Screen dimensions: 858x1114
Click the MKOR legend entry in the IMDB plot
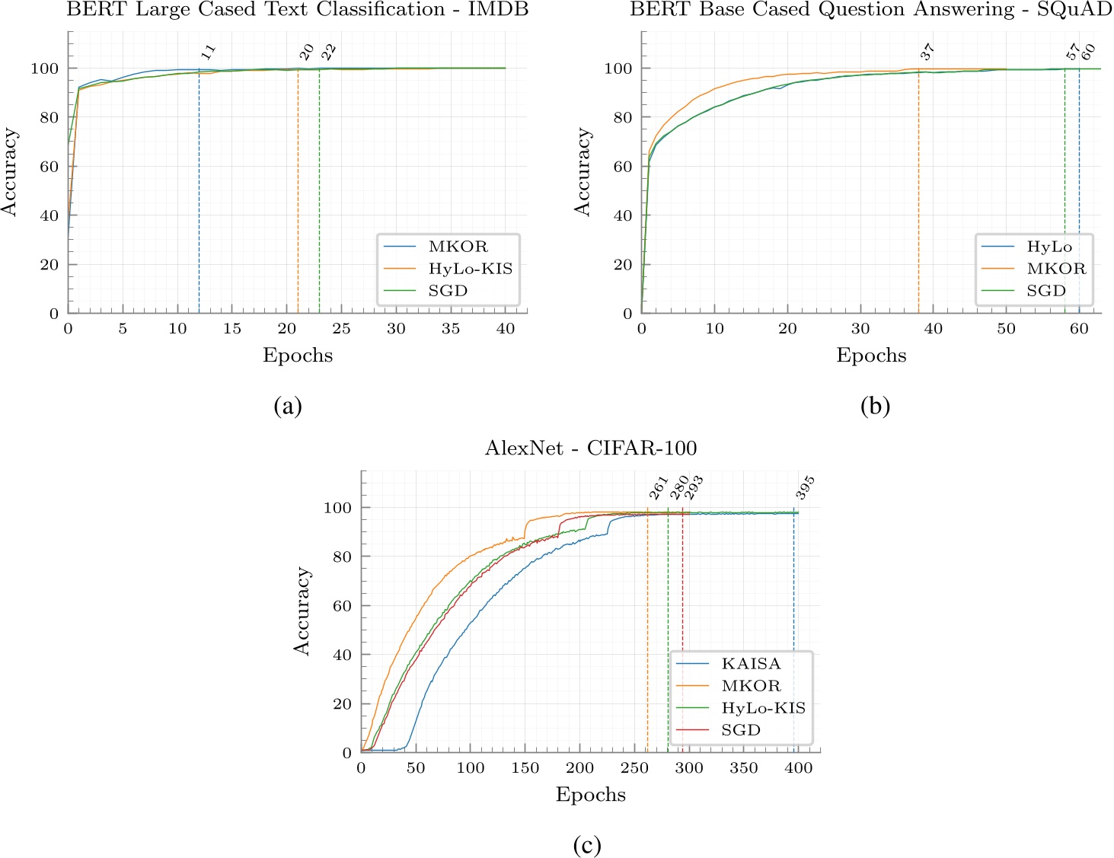click(x=458, y=247)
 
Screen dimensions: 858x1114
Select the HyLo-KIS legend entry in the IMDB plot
click(x=470, y=269)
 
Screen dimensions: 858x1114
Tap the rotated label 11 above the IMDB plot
click(x=208, y=52)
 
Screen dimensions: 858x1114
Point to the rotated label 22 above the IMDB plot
click(x=328, y=52)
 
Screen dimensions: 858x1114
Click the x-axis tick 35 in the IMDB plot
click(x=451, y=329)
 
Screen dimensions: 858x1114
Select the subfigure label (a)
click(x=288, y=406)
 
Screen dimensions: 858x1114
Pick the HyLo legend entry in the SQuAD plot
click(x=1049, y=247)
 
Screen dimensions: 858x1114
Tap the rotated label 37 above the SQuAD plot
click(x=927, y=52)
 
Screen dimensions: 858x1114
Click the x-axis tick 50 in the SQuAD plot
click(x=1006, y=329)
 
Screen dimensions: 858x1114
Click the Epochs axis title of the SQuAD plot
click(x=871, y=356)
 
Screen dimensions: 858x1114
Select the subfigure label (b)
click(x=875, y=406)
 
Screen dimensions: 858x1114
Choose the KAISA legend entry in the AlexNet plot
click(x=751, y=664)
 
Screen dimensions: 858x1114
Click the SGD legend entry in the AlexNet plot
click(x=741, y=730)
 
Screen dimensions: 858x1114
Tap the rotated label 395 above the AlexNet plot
click(x=805, y=487)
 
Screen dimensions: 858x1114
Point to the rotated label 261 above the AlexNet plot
click(x=658, y=488)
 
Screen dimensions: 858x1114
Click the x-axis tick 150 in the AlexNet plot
click(x=525, y=768)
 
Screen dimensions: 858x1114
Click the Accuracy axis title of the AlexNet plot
click(x=302, y=611)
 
